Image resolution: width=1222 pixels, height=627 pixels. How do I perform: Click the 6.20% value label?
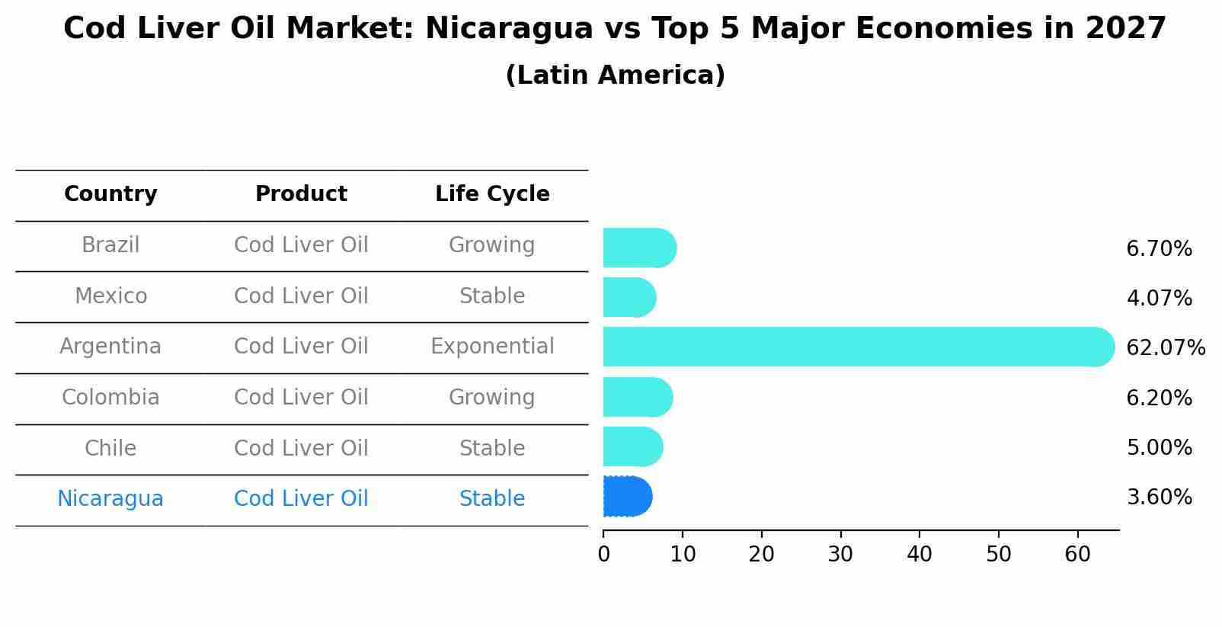tap(1159, 398)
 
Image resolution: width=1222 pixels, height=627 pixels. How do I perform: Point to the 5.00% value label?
tap(1159, 447)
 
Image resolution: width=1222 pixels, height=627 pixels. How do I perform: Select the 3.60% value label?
tap(1159, 497)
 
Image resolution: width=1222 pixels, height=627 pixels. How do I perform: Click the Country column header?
tap(110, 194)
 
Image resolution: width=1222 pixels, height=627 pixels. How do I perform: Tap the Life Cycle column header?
tap(492, 194)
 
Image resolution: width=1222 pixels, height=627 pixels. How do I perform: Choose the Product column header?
tap(301, 194)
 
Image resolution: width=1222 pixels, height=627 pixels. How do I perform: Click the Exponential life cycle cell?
tap(492, 347)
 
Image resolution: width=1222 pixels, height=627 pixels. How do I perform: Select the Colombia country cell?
tap(110, 398)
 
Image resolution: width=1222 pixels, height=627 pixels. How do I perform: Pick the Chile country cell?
tap(110, 448)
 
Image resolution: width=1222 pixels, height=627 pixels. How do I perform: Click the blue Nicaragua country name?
tap(110, 499)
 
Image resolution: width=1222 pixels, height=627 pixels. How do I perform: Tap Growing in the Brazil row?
tap(492, 245)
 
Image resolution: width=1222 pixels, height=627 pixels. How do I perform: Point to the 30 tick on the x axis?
tap(840, 555)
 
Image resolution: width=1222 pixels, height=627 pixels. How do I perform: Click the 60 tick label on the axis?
tap(1077, 555)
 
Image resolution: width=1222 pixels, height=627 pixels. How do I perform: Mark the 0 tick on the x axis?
tap(604, 555)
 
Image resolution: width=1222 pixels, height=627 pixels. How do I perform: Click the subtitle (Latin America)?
tap(615, 75)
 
